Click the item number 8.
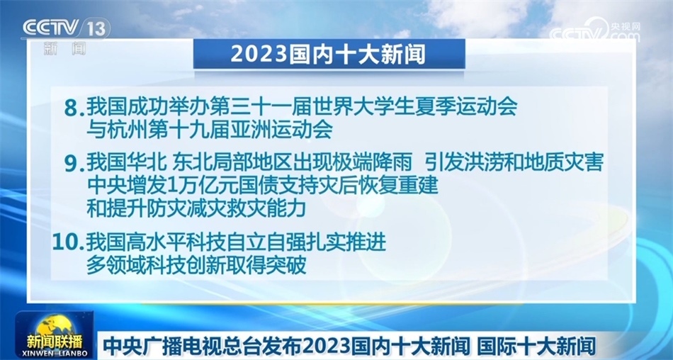point(74,108)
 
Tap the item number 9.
point(74,164)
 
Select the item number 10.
point(67,242)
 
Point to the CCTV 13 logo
point(64,29)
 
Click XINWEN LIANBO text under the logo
point(55,354)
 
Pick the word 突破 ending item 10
point(286,265)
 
